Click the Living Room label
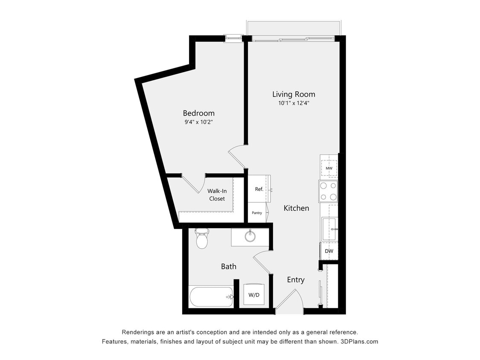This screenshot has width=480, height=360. tap(294, 94)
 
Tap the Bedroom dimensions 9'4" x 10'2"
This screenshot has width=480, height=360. tap(198, 122)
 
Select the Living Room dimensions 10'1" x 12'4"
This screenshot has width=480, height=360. tap(294, 103)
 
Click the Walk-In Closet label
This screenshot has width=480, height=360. tap(217, 195)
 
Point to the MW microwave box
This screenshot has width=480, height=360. tap(329, 168)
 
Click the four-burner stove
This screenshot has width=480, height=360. tap(328, 191)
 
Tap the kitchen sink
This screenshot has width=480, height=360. tap(329, 229)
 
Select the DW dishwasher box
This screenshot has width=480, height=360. tap(329, 251)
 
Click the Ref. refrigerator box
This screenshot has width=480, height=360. tap(259, 189)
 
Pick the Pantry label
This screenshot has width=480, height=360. tap(257, 213)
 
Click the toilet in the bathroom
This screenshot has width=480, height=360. tap(201, 239)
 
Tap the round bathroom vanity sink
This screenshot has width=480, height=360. tap(250, 235)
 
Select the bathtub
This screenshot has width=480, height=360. tap(211, 296)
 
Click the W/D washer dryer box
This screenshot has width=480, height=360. tap(254, 295)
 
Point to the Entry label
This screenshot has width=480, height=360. tap(296, 280)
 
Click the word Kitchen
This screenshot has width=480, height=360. tap(297, 208)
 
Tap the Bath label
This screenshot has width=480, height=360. tap(229, 267)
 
